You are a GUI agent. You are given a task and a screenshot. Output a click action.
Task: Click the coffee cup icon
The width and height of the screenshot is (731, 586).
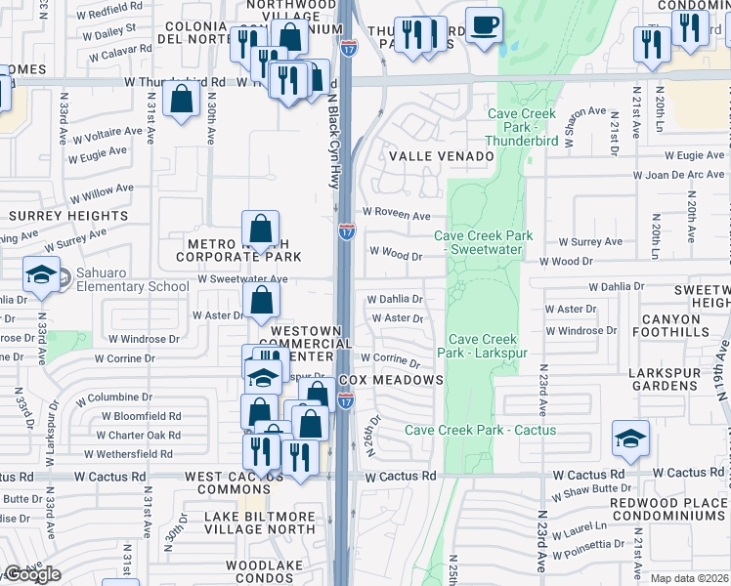[483, 25]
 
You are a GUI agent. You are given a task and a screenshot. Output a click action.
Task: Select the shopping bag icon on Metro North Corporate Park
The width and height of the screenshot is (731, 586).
[261, 230]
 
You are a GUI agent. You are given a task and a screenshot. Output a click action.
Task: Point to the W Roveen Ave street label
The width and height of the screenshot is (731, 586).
[396, 213]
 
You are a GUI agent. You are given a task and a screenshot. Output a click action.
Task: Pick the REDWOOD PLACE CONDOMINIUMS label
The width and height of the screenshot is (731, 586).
[669, 508]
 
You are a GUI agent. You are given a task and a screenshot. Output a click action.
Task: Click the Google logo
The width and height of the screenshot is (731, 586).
[32, 575]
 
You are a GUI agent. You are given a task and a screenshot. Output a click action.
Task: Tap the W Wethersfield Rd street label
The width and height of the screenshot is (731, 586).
[128, 454]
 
